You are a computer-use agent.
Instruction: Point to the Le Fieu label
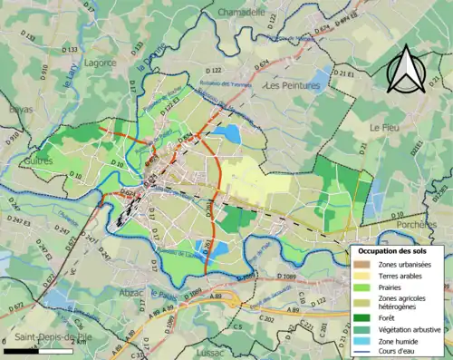point(385,129)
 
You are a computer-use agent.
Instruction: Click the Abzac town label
point(130,292)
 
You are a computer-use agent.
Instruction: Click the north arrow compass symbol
point(407,66)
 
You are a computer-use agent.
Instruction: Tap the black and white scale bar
point(37,349)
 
